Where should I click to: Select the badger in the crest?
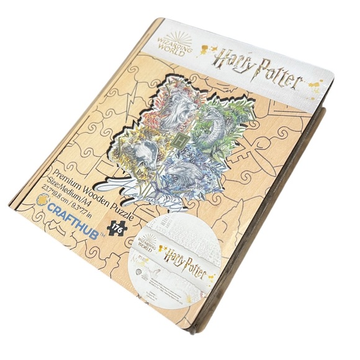(149, 152)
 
